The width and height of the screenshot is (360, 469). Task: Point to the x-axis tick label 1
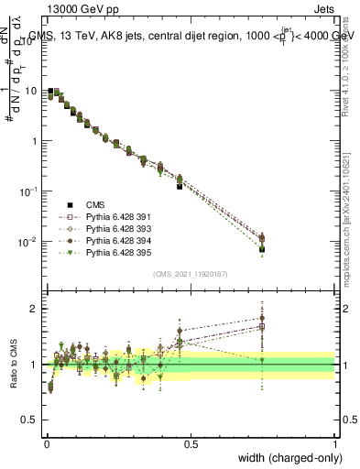point(334,444)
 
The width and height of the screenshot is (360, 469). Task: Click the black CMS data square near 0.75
point(262,248)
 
